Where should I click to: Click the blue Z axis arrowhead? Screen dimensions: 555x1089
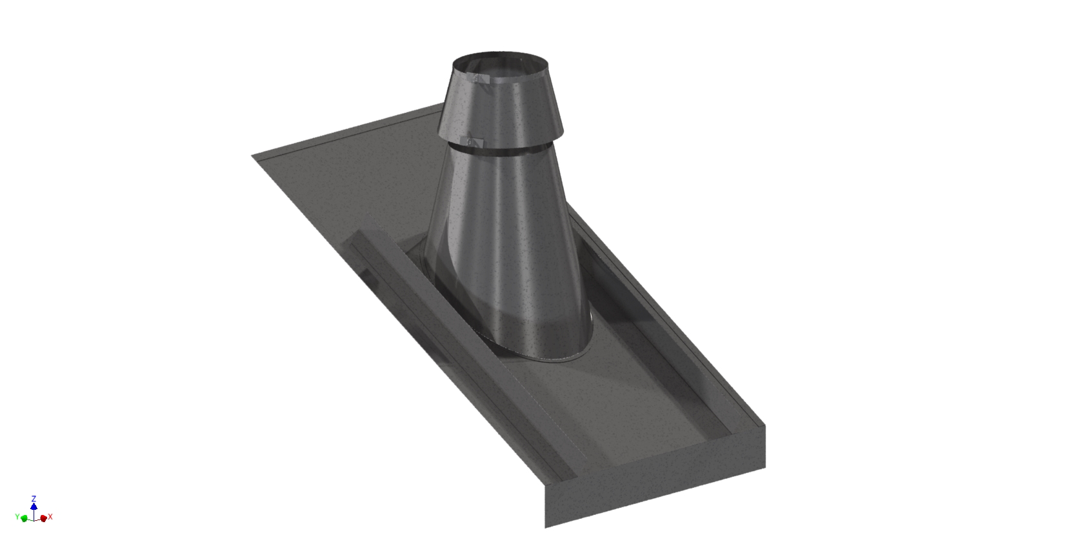click(x=34, y=506)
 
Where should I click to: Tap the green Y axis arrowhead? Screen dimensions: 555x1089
click(x=25, y=518)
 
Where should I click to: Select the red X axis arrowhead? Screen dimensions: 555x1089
click(x=43, y=518)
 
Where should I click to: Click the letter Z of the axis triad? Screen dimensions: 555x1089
click(x=34, y=499)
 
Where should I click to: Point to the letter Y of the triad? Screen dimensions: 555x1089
click(x=17, y=517)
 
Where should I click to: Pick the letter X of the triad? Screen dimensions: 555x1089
click(x=50, y=517)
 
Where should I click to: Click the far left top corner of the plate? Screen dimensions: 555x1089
click(x=253, y=156)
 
